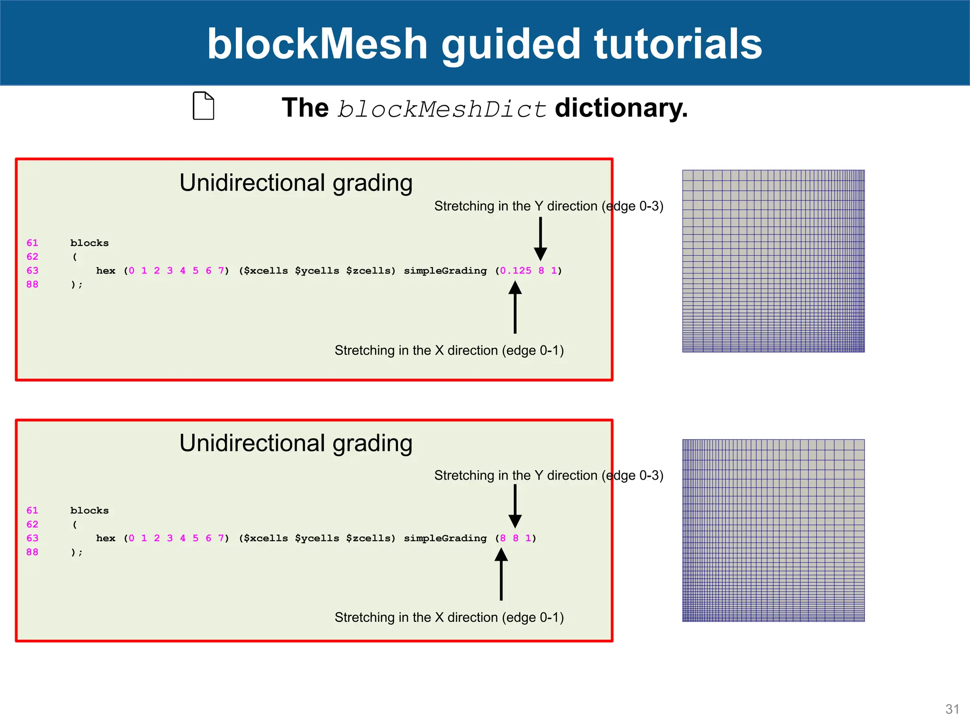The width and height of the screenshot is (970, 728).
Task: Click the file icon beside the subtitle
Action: pos(203,106)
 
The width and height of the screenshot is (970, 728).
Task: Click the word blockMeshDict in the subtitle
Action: pos(441,109)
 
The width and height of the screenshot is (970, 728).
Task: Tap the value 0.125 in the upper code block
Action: pos(516,271)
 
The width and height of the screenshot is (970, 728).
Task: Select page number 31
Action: pos(952,709)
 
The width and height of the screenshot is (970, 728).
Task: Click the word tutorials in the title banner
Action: pos(678,44)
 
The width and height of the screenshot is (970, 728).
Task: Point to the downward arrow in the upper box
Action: pos(540,239)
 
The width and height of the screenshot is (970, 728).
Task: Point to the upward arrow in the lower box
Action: pos(501,574)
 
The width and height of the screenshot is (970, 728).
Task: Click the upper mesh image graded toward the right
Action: pos(773,261)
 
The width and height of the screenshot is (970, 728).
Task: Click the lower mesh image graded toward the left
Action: pos(773,530)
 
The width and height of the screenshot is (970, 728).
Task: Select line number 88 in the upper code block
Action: pos(32,284)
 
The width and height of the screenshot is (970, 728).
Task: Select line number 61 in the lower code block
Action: pos(32,510)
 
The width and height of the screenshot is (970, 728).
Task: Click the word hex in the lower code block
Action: pos(106,538)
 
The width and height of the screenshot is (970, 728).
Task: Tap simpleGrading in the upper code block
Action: pos(445,271)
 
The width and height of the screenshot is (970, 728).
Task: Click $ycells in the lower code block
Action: pos(317,538)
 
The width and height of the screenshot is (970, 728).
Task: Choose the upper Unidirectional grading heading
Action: pos(296,183)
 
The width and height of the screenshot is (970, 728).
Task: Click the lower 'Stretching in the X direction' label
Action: pos(449,617)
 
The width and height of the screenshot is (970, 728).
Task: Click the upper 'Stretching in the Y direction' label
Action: pos(548,206)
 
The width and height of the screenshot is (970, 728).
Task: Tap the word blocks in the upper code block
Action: pos(90,243)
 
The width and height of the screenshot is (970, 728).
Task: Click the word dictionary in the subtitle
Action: pos(621,108)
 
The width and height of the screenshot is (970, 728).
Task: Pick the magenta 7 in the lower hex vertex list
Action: pos(221,538)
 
